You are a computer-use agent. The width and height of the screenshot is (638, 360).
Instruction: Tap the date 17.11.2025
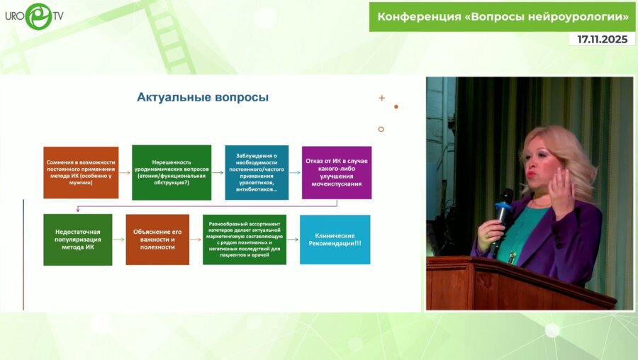(x=602, y=40)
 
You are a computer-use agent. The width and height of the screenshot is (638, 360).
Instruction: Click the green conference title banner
(x=502, y=16)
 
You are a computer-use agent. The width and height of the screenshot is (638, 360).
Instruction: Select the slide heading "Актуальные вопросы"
(x=203, y=97)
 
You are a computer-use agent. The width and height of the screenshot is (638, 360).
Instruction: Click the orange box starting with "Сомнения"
(x=81, y=172)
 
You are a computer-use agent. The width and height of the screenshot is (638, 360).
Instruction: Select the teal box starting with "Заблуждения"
(x=257, y=172)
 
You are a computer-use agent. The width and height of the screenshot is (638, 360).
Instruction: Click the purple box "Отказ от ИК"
(x=337, y=172)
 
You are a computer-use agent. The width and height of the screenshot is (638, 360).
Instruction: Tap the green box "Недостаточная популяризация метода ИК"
(x=78, y=240)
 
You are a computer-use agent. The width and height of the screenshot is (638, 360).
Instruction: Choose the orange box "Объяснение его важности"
(x=157, y=240)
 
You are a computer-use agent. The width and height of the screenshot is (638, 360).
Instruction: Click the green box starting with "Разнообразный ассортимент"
(x=245, y=240)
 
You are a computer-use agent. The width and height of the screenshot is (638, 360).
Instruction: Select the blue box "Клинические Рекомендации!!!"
(x=335, y=240)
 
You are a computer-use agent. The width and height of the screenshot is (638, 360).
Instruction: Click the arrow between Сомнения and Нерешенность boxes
(x=125, y=172)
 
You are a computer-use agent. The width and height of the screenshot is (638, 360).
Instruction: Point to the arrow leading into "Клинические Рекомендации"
(x=293, y=240)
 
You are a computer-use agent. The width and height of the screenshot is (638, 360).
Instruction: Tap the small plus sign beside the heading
(x=381, y=98)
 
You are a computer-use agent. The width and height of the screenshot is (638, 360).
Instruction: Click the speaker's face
(x=544, y=164)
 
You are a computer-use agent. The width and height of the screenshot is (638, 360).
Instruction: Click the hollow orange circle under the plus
(x=381, y=129)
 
